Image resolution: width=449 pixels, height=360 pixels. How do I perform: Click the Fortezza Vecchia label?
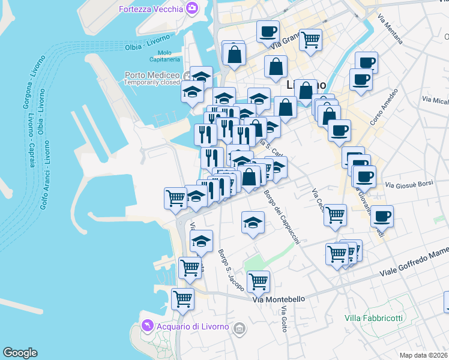point(151,9)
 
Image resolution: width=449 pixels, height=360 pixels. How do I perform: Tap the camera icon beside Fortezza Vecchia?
point(192,8)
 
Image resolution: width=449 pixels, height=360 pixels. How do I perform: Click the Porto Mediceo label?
point(152,75)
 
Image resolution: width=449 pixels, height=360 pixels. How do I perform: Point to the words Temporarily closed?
point(152,83)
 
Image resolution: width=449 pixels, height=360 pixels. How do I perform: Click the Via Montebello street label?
point(279,299)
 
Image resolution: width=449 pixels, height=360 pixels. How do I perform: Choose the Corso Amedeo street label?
point(384,108)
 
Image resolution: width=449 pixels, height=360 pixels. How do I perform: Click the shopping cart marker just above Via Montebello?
point(258,280)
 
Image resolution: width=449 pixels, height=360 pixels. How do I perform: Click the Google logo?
point(20,353)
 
